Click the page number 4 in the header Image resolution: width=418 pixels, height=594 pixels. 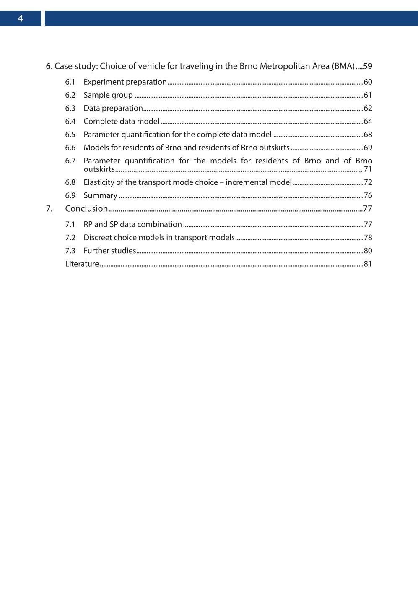pos(20,18)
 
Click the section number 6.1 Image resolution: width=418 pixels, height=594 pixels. pos(70,82)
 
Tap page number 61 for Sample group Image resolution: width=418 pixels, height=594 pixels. pos(368,95)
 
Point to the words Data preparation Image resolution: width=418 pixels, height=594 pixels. pos(113,108)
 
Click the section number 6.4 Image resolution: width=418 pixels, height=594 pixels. pos(70,122)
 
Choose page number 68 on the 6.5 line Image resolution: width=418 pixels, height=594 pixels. pos(368,135)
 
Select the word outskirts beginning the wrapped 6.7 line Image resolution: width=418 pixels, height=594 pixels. pos(99,169)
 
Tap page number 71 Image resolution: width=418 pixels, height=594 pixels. pos(368,169)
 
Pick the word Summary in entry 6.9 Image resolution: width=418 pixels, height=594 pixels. pos(100,195)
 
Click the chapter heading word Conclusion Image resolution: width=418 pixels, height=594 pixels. pos(86,209)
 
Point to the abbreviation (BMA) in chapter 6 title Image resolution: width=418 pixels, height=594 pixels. pos(343,66)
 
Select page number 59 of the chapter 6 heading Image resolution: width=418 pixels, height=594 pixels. pos(368,66)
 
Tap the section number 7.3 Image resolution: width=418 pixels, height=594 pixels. pos(70,251)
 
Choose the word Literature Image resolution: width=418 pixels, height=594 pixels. pos(82,264)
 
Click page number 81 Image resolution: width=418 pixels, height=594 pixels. pos(368,264)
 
